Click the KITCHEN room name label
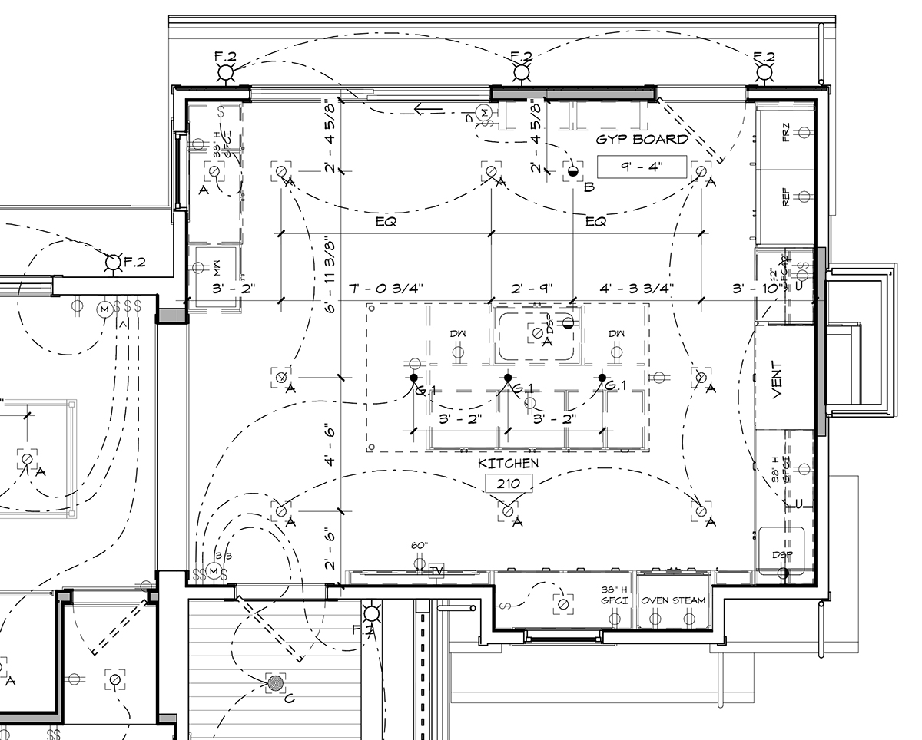coord(508,464)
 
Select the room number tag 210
coord(508,483)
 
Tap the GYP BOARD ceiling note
coord(642,140)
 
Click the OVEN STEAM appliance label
coord(674,600)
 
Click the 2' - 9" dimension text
coord(532,289)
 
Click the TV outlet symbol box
coord(436,570)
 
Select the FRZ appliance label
coord(785,132)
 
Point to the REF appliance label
coord(785,198)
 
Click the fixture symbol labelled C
coord(275,682)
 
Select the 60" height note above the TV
coord(419,546)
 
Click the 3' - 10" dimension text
coord(756,289)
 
